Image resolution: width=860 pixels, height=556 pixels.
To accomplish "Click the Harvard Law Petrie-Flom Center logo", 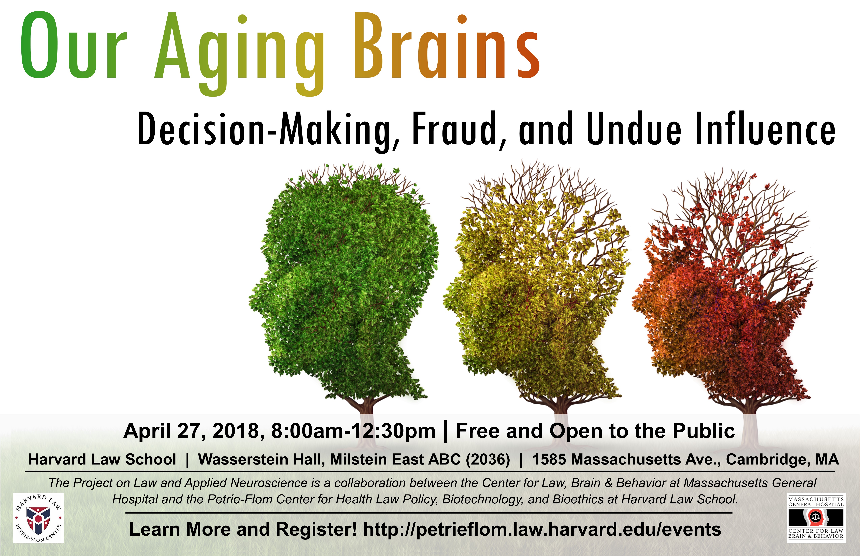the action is (38, 518).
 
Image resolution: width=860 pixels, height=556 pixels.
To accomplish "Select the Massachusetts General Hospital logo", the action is (816, 518).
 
